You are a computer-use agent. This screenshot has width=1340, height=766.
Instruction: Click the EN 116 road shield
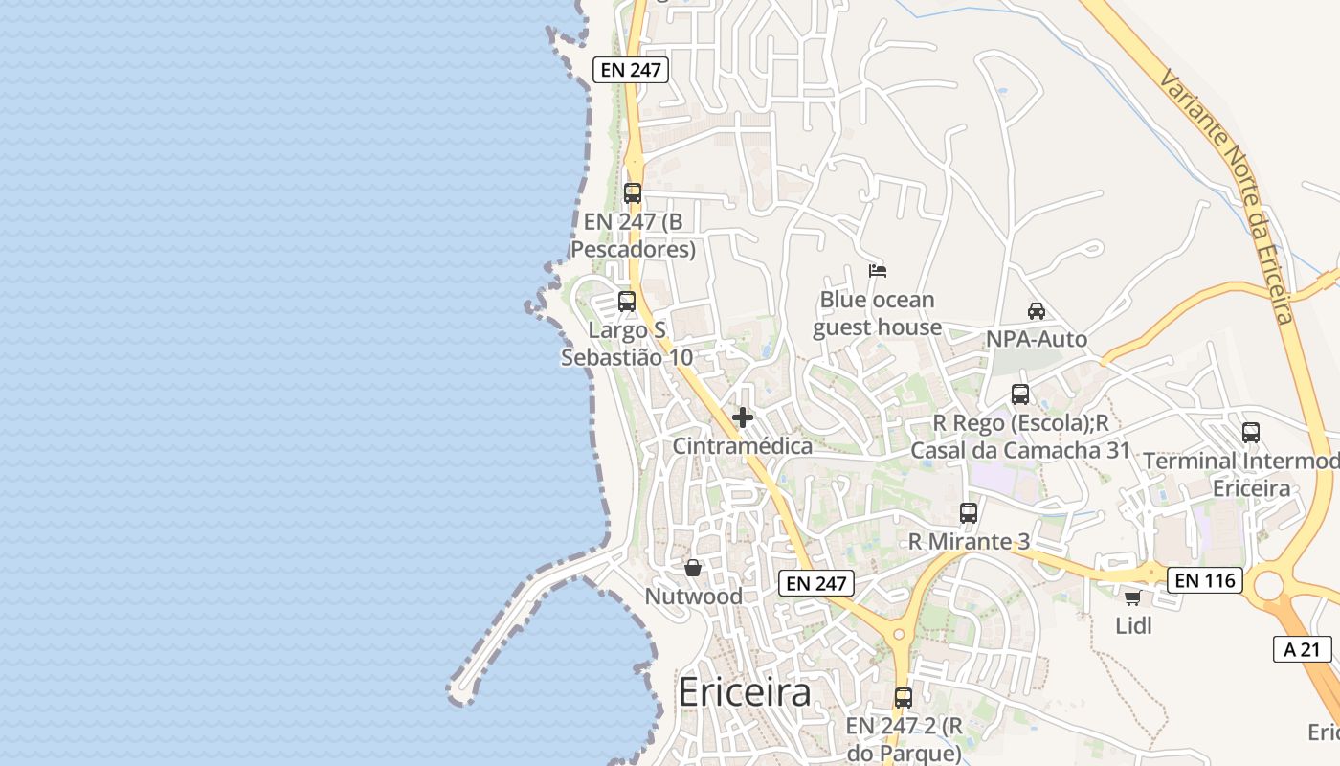(x=1204, y=579)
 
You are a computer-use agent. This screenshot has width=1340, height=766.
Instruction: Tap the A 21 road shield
(x=1302, y=649)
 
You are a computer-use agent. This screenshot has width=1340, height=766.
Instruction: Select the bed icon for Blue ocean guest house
(x=877, y=271)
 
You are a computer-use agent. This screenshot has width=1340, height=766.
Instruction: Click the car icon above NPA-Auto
(x=1036, y=311)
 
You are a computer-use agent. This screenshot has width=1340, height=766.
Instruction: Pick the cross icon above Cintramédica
(x=742, y=417)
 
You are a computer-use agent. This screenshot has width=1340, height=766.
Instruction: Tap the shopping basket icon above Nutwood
(x=693, y=568)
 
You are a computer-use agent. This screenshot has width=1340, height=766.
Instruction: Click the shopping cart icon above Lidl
(x=1132, y=597)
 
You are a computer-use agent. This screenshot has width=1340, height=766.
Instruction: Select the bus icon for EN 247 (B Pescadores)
(x=632, y=192)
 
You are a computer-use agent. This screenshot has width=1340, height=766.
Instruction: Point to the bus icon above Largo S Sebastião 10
(x=626, y=302)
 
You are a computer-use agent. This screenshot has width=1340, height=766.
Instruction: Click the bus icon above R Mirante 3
(x=968, y=513)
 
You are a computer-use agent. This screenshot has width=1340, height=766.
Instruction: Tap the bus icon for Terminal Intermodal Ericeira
(x=1250, y=433)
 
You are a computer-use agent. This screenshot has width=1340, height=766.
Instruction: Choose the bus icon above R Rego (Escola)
(x=1019, y=394)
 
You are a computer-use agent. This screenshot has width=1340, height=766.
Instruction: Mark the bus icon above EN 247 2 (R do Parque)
(x=903, y=698)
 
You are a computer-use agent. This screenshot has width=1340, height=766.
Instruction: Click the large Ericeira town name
(x=745, y=692)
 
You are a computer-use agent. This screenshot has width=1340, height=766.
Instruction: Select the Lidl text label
(x=1133, y=626)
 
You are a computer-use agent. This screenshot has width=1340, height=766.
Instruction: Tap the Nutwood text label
(x=693, y=597)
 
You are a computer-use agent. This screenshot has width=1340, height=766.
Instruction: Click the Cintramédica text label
(x=742, y=446)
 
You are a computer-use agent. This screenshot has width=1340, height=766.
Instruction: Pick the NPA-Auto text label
(x=1037, y=340)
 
